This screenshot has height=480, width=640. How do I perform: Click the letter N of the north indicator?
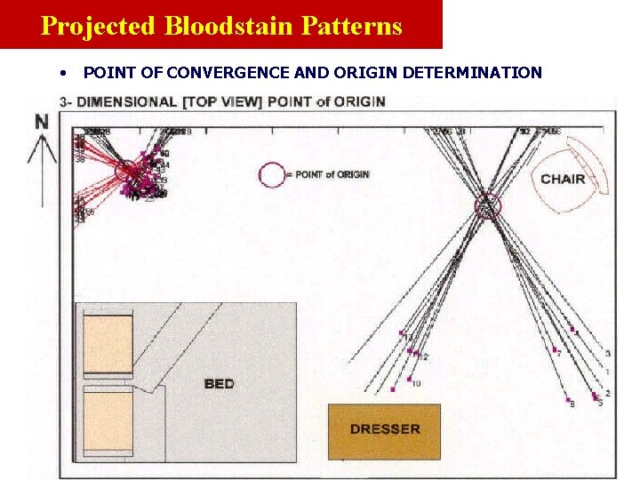[42, 123]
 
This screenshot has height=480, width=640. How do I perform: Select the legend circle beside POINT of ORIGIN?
[272, 174]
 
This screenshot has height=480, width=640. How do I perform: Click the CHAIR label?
[563, 179]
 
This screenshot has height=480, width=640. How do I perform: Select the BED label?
[219, 384]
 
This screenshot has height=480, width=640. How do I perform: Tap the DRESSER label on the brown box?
[384, 429]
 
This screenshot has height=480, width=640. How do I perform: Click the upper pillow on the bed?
[107, 345]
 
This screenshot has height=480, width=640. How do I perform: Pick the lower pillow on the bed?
[107, 420]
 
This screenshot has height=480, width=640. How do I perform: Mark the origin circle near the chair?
[487, 206]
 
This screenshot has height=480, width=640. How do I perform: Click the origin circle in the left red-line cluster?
[128, 170]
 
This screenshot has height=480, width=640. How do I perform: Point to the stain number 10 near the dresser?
[416, 384]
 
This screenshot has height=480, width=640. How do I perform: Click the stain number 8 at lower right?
[572, 404]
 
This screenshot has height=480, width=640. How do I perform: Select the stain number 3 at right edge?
[607, 354]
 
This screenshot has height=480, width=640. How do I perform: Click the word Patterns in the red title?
[351, 25]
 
